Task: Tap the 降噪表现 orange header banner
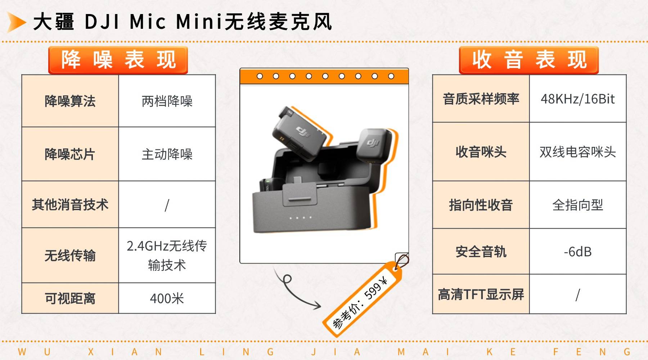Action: pos(118,60)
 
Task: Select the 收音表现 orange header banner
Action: pos(528,60)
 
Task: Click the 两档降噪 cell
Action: pos(167,101)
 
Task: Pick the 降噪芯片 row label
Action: pos(70,154)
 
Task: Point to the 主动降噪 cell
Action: pos(167,154)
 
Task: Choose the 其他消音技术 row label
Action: pos(70,204)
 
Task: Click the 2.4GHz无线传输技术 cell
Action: pos(167,255)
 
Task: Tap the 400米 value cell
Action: pos(167,298)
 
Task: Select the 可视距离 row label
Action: pos(70,298)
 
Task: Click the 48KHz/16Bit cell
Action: pos(578,99)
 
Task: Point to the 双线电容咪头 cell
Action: pos(578,152)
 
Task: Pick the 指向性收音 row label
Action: pos(481,205)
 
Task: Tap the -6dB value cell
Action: pos(578,251)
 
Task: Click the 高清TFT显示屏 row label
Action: pos(481,294)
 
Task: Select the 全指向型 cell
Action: pos(578,205)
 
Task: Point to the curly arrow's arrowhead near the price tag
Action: pos(317,305)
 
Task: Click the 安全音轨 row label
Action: pos(481,251)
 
